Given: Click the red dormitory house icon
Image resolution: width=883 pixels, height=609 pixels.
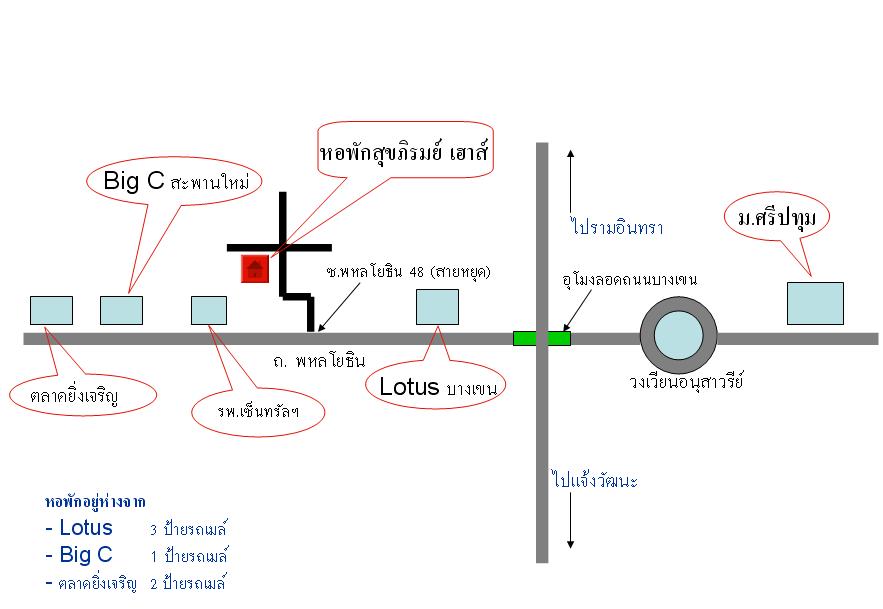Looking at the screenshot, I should coord(256,268).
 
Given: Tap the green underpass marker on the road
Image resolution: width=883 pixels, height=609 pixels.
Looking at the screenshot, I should coord(541,338).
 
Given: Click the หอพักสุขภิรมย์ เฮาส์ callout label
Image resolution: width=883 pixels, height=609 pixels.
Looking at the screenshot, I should coord(408,155).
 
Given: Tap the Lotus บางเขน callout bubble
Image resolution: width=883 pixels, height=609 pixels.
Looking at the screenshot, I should coord(438,386).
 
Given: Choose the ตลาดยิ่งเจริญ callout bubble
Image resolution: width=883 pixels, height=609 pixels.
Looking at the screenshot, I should coord(84,395).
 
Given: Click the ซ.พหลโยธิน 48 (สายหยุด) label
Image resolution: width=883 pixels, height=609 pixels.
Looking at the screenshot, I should coord(410,272).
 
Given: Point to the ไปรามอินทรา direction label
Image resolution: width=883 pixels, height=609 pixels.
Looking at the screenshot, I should coord(617,228).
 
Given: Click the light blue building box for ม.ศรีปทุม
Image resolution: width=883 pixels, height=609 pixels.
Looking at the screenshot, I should coord(815,303).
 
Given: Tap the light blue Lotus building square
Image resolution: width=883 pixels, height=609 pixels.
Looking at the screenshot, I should coord(437,307).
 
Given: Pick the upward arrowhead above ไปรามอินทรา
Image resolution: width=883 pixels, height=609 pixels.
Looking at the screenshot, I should coord(570,154).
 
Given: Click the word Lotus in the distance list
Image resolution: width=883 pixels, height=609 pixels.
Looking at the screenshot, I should coord(86,528).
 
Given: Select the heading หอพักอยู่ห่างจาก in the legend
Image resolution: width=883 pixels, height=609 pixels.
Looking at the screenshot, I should coord(103,501).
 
